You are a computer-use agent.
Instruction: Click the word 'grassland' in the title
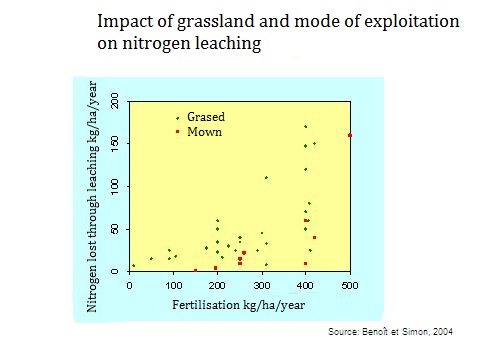tap(211, 21)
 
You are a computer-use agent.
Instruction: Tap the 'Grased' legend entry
tap(205, 117)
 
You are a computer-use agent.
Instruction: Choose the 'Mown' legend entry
tap(203, 131)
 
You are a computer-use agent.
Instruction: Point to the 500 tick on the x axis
tap(350, 286)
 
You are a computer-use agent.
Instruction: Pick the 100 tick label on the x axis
tap(174, 286)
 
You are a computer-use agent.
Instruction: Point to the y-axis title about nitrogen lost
tap(92, 200)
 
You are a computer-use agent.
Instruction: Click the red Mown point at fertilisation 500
tap(350, 135)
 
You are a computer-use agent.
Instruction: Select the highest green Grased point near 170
tap(306, 126)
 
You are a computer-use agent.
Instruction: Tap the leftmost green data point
tap(134, 265)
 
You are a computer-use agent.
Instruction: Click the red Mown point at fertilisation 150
tap(195, 270)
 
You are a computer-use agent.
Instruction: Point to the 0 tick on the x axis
tap(130, 286)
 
